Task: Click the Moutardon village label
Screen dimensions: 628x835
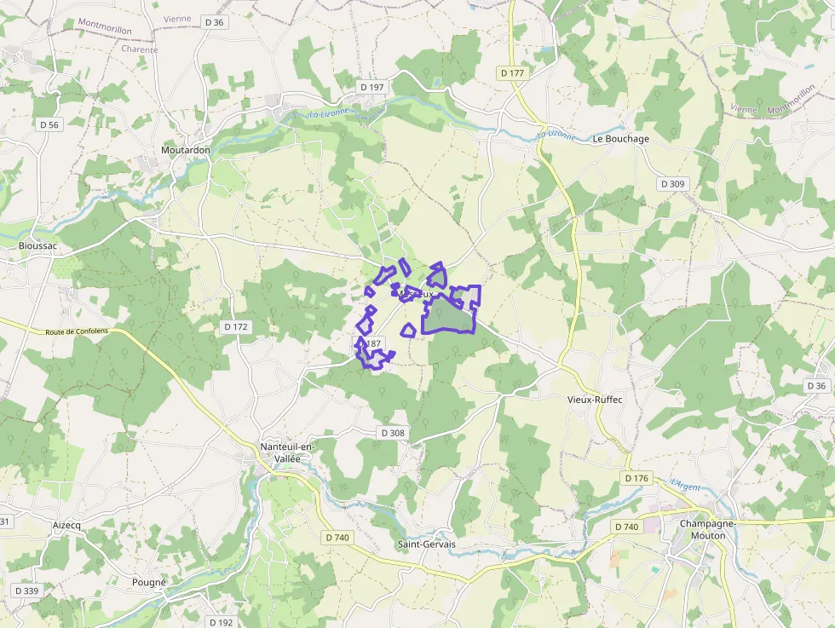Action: (186, 150)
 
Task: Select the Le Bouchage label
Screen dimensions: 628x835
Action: (621, 138)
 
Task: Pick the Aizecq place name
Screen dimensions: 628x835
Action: (66, 525)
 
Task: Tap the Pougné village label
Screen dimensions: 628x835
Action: (149, 583)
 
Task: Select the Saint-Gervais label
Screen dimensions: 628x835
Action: (427, 544)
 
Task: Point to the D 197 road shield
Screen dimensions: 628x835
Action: (372, 87)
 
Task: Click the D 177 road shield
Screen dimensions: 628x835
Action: (513, 73)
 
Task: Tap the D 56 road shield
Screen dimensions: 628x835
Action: (49, 124)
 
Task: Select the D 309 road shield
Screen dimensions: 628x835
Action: (672, 184)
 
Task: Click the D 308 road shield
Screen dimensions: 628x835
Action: (393, 433)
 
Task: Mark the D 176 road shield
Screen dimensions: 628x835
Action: (636, 478)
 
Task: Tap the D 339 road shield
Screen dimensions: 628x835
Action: (26, 591)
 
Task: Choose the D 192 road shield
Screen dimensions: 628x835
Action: (220, 622)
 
